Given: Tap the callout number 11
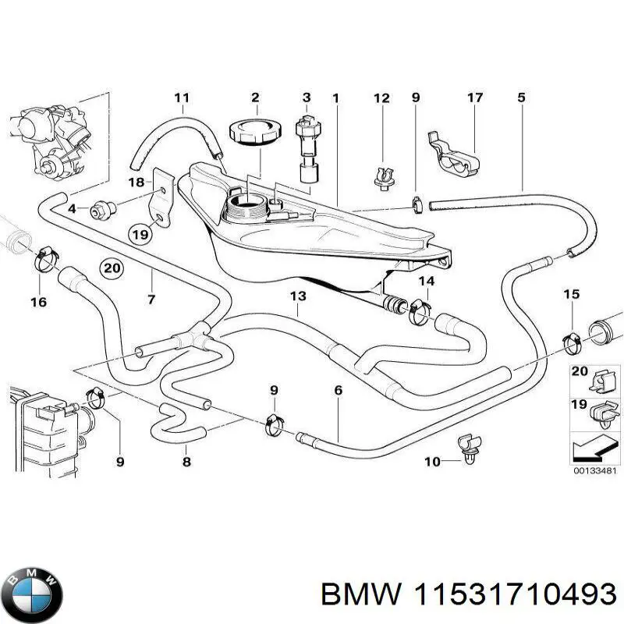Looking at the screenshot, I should click(182, 98).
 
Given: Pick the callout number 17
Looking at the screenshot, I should click(475, 98).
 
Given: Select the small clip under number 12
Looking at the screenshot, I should click(381, 178).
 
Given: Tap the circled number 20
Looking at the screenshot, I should click(112, 268).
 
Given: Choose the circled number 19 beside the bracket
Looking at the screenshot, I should click(140, 234).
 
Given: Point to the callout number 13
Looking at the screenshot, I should click(298, 296).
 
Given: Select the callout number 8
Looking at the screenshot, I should click(186, 462).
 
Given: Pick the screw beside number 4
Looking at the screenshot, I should click(101, 208).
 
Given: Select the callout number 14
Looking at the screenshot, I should click(426, 282).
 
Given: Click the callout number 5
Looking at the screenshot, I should click(521, 98).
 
